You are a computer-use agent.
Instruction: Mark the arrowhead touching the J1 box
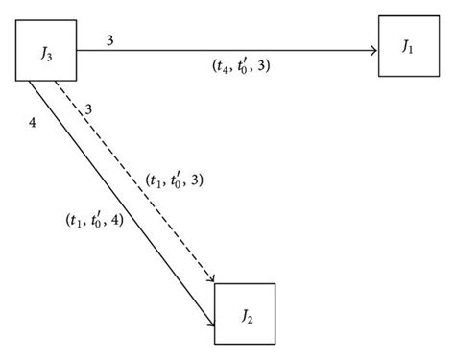coord(371,51)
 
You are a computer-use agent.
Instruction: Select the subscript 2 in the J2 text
coord(250,320)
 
